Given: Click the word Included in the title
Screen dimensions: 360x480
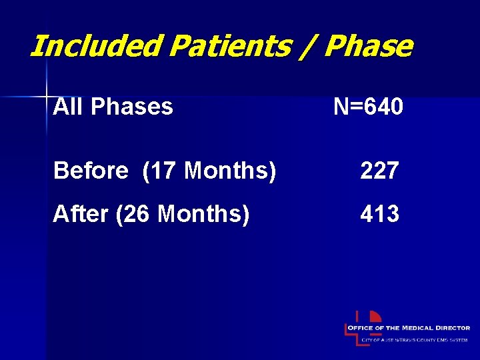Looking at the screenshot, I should (x=96, y=47).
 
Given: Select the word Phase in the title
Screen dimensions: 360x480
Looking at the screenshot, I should (x=369, y=47).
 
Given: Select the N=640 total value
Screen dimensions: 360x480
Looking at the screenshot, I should (x=368, y=106).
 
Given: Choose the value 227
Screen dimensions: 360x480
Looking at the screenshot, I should (x=379, y=171).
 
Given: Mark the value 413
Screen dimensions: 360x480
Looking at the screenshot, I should (x=379, y=214).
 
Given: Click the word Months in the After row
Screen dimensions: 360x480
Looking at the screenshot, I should (x=204, y=214).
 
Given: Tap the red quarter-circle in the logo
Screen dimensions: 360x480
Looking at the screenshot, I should (x=375, y=317).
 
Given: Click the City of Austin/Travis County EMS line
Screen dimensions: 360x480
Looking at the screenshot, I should (x=415, y=341).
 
